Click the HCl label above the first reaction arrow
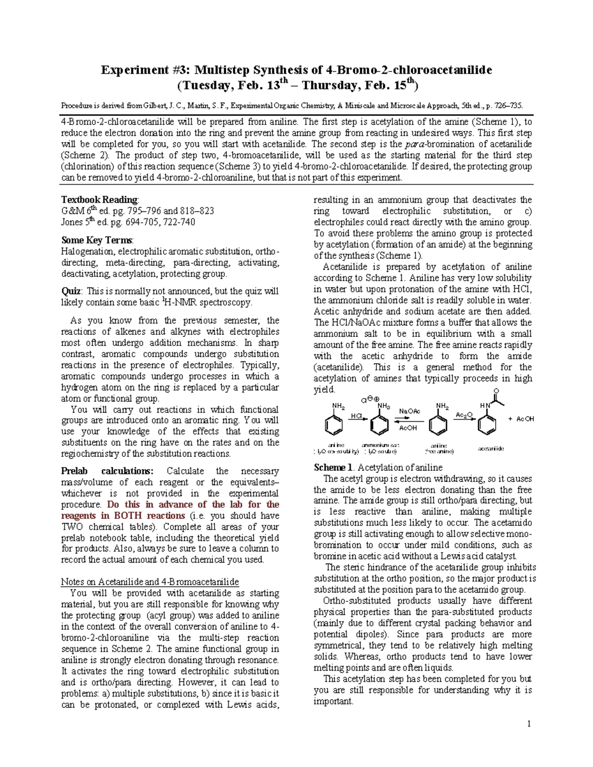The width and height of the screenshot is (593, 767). (x=355, y=416)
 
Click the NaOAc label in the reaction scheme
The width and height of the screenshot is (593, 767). (x=410, y=411)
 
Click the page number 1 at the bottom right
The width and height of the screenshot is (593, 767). (x=529, y=724)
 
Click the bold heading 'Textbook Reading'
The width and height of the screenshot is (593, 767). (x=99, y=200)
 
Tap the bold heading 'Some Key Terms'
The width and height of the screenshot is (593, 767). (x=96, y=240)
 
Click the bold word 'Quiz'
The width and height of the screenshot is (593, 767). (x=71, y=291)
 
